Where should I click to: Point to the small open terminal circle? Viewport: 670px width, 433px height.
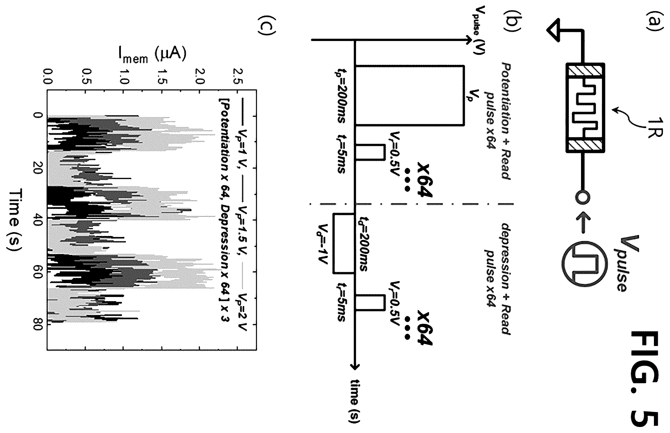(581, 197)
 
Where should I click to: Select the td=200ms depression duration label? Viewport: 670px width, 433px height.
(363, 244)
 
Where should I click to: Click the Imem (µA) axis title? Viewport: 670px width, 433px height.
(152, 56)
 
